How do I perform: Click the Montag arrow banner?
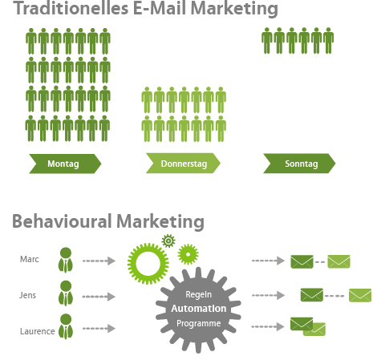[65, 164]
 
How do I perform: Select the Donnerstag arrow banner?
[183, 164]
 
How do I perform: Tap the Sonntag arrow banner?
[299, 164]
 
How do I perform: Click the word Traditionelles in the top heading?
[71, 8]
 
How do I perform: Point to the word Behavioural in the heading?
[62, 221]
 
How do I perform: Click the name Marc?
[30, 259]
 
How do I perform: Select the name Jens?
[27, 295]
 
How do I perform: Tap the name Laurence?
[38, 331]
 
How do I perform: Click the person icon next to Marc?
[66, 260]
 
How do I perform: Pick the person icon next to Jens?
[66, 293]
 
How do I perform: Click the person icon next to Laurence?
[66, 326]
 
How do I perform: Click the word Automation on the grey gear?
[199, 309]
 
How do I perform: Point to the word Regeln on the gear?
[199, 294]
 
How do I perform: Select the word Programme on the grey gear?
[199, 323]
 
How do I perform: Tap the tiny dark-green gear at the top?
[168, 241]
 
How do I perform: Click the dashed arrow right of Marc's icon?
[99, 261]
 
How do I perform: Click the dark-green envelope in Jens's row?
[312, 295]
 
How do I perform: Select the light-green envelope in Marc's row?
[339, 261]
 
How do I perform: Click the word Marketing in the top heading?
[234, 8]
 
